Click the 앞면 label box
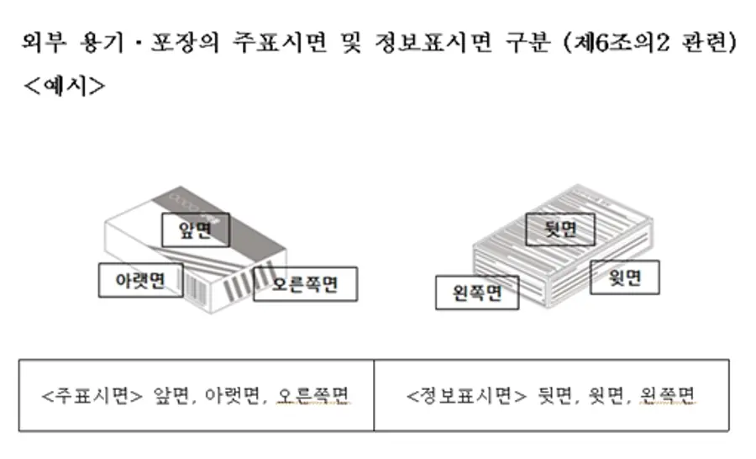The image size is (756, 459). tap(196, 229)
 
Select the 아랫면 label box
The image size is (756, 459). tap(141, 280)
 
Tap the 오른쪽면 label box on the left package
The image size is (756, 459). tap(305, 284)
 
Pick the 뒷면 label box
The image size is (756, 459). tap(560, 229)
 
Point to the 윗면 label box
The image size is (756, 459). tap(625, 277)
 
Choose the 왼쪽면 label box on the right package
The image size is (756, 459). tap(477, 293)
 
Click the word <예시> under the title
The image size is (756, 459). tap(64, 87)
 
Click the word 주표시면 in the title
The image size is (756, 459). tap(280, 42)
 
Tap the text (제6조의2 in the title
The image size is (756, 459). tap(617, 42)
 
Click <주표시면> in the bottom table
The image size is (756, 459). tap(92, 396)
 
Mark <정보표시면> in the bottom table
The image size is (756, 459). tap(467, 396)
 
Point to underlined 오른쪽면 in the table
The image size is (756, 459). tap(312, 396)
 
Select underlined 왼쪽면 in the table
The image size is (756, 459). tap(667, 396)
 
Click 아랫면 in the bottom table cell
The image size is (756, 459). tap(233, 396)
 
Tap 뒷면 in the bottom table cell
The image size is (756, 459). tap(554, 396)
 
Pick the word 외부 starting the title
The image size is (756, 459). tap(44, 42)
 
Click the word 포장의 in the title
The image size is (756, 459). tap(185, 42)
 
